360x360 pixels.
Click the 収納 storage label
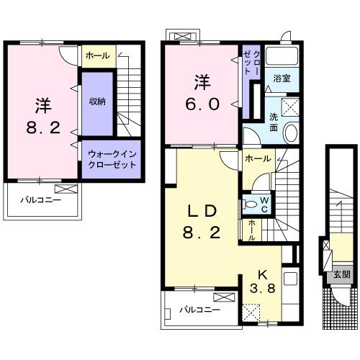pyautogui.click(x=97, y=102)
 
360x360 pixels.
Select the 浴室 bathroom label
pyautogui.click(x=282, y=78)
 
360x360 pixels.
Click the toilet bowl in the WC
pyautogui.click(x=250, y=204)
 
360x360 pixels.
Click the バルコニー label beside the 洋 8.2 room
pyautogui.click(x=40, y=199)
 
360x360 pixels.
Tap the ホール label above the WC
pyautogui.click(x=258, y=158)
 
